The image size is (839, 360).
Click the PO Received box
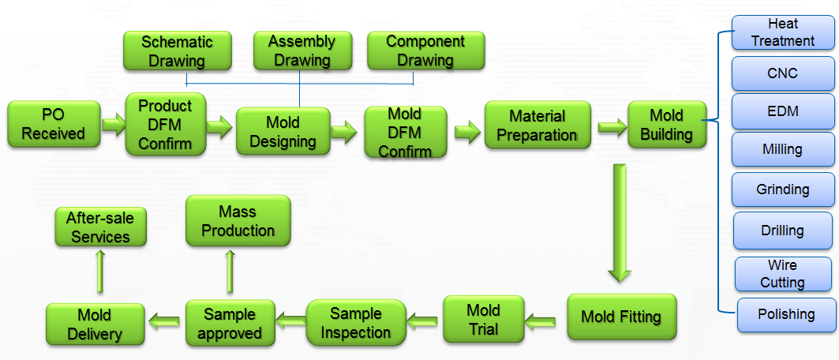(54, 124)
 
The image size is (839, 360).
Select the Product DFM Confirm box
(165, 124)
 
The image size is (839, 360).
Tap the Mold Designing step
(283, 133)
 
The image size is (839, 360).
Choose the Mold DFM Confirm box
(405, 133)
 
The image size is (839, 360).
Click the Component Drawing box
(425, 51)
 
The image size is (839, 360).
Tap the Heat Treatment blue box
(782, 33)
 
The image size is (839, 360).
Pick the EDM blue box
(782, 111)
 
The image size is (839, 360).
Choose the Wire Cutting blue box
(782, 274)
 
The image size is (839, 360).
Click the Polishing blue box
(786, 314)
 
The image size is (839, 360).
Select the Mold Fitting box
(621, 317)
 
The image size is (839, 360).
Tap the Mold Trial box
(483, 319)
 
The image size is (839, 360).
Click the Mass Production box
(238, 221)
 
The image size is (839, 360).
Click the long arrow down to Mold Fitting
(620, 221)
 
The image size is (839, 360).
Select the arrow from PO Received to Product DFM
(114, 124)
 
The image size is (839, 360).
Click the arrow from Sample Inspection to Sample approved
(290, 321)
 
